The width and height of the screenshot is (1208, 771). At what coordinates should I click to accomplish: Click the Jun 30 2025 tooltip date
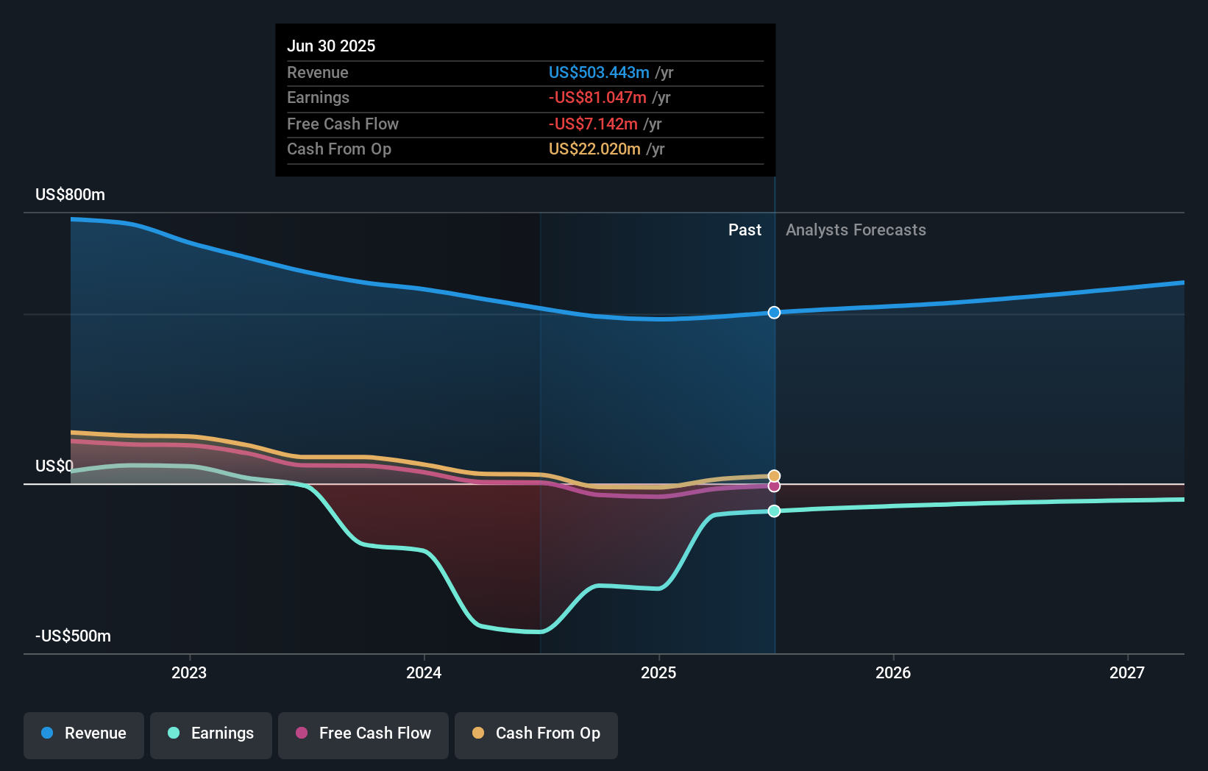point(331,46)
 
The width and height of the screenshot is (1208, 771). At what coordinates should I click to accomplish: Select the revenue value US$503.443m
point(599,72)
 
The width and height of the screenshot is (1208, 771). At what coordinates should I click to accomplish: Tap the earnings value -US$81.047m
point(597,97)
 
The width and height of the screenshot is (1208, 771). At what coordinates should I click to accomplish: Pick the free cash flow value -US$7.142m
point(593,124)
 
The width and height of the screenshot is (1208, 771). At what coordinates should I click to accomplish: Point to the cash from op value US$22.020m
point(594,149)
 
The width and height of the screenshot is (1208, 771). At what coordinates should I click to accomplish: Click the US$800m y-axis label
point(70,194)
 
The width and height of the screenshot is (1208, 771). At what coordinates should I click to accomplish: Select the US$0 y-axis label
point(54,466)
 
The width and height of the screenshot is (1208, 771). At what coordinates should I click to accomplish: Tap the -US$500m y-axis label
point(73,636)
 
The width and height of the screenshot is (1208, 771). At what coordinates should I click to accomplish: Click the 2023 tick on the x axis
point(189,672)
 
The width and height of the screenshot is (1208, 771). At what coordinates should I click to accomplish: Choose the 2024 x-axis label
point(424,672)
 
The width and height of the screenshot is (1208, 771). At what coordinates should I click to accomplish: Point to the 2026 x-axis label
point(893,672)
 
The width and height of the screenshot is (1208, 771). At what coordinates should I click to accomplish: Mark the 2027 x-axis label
point(1127,672)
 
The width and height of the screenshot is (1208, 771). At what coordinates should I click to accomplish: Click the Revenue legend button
point(84,733)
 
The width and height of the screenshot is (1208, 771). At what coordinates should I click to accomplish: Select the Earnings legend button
point(211,733)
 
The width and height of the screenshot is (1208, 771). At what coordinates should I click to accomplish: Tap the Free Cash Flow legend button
point(363,733)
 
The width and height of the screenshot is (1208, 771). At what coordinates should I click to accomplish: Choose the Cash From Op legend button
point(536,733)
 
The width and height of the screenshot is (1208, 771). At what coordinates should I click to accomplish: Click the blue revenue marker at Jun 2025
point(774,313)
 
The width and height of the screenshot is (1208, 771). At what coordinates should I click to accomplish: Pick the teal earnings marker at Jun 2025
point(774,511)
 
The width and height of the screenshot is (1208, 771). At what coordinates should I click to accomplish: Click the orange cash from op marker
point(774,476)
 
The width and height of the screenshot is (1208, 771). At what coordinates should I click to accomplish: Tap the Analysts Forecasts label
point(856,230)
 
